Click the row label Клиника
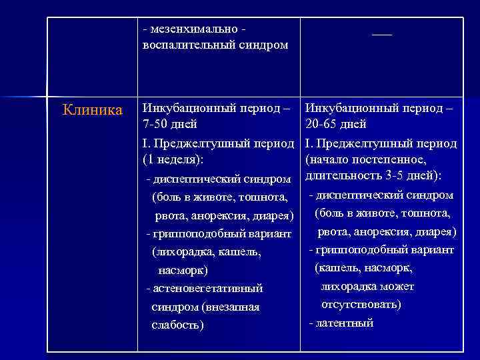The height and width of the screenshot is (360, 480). [x=93, y=109]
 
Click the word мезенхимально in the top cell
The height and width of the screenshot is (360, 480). [x=191, y=29]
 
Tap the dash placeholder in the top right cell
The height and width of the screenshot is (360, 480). [x=382, y=33]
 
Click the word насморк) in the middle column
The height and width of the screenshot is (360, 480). [x=183, y=271]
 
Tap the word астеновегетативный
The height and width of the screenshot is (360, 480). [x=207, y=288]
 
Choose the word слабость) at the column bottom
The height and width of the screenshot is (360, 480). [x=178, y=325]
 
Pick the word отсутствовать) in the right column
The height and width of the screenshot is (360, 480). [x=361, y=304]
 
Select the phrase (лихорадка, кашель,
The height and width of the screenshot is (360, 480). [x=206, y=253]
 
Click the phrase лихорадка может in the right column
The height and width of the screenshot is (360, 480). [x=367, y=286]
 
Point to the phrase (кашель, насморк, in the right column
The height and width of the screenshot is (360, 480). [x=364, y=268]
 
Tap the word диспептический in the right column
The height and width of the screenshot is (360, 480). [x=357, y=195]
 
